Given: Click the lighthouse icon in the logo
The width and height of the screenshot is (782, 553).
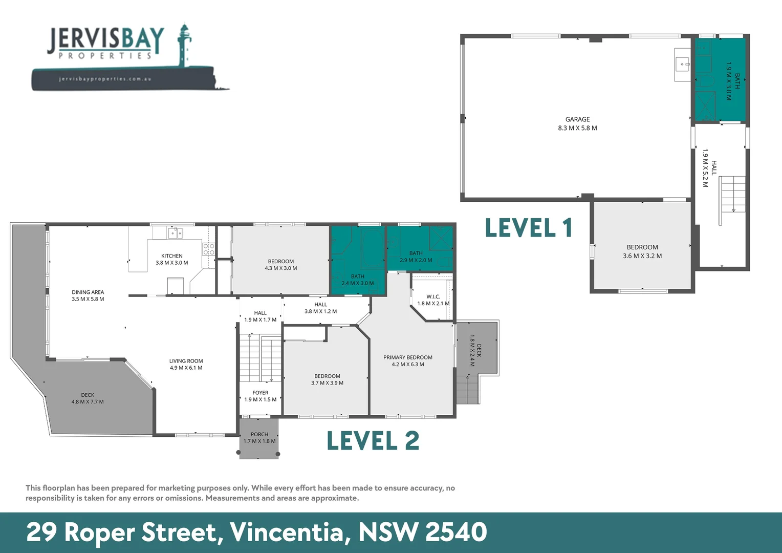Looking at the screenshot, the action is [x=184, y=45].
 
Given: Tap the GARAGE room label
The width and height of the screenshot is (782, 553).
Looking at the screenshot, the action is [x=577, y=119].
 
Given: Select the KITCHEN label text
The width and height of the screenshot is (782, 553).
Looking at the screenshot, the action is [x=172, y=256].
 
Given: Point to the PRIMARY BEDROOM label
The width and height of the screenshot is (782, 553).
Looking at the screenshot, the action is [x=408, y=357].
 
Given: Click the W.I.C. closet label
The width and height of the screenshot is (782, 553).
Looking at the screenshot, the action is [x=433, y=296].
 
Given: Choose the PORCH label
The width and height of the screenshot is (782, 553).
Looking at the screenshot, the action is [x=259, y=434].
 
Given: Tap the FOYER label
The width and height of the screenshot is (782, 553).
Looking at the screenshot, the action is [x=260, y=393].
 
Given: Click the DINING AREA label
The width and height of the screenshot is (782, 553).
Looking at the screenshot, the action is [x=88, y=292].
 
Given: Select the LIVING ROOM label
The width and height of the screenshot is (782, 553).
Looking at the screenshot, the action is [x=186, y=361].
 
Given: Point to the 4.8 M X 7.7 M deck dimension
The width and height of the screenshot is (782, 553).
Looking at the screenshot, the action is [x=88, y=402].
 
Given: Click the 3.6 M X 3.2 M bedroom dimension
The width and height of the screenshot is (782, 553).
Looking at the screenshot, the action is [x=642, y=256].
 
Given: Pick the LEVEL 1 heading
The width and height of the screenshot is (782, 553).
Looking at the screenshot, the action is [x=529, y=228].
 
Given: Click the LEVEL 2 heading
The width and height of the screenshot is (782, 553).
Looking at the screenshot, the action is [x=373, y=441].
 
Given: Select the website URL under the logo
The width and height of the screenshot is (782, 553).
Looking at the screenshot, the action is [x=105, y=79].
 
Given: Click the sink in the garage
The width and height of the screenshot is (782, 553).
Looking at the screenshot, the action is [x=682, y=65].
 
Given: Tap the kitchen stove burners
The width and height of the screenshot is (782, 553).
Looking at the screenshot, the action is [x=209, y=249].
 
